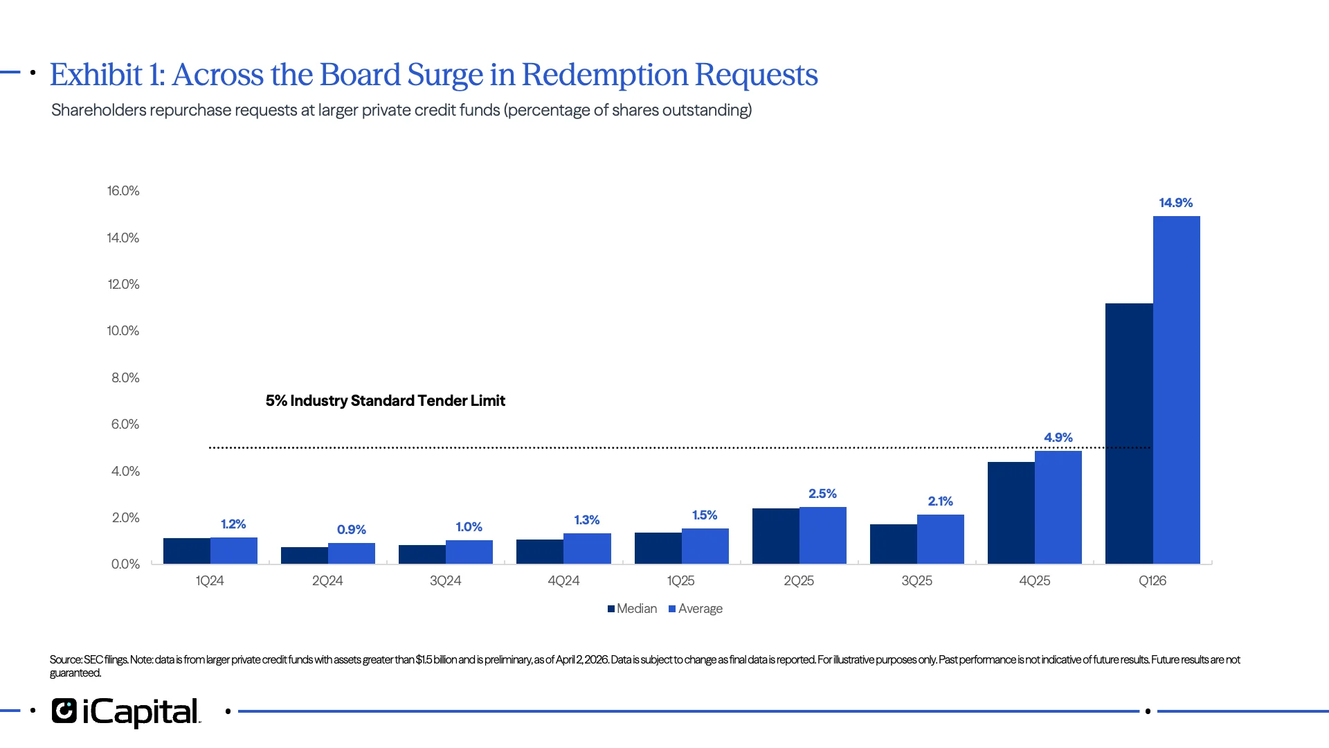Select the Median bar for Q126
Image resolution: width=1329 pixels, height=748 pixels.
(1129, 434)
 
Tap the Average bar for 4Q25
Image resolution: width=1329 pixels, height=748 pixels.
(1058, 507)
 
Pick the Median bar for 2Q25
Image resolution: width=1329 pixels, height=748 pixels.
(775, 536)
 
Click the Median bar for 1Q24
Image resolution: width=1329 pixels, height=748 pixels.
(187, 551)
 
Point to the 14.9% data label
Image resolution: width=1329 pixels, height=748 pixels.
(1175, 203)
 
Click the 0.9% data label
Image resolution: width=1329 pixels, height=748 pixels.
(351, 530)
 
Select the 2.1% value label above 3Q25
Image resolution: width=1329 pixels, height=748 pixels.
(940, 501)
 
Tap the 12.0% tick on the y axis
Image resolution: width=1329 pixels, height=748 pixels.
(123, 285)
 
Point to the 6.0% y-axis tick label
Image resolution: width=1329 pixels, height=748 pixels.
(125, 425)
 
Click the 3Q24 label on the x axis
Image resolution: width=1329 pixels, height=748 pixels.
(445, 581)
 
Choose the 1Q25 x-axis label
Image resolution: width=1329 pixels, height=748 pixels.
(680, 581)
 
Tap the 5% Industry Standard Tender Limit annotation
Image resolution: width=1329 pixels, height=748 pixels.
(385, 401)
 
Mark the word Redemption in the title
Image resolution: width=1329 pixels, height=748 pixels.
(604, 75)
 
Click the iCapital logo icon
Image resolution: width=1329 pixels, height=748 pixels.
(64, 711)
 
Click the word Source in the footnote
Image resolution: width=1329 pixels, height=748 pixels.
(64, 660)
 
